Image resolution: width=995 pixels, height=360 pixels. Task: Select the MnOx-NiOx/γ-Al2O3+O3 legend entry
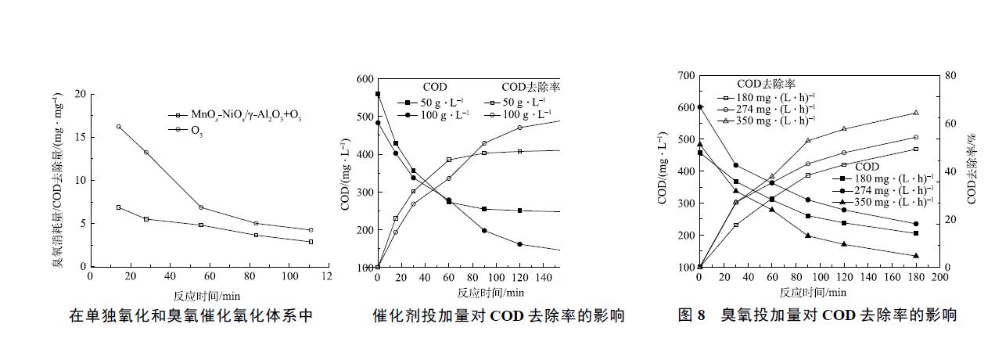click(235, 116)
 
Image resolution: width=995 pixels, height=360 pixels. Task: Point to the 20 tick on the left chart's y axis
click(79, 94)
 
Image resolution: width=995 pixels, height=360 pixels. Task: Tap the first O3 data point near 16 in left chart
click(118, 127)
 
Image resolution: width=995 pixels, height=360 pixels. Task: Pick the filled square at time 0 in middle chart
click(378, 94)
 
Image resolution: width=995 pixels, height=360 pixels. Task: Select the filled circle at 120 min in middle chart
click(519, 244)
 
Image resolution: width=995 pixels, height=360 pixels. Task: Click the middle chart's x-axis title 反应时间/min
click(491, 293)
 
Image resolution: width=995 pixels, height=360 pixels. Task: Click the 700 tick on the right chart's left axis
click(684, 75)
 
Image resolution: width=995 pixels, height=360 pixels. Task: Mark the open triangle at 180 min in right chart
click(916, 113)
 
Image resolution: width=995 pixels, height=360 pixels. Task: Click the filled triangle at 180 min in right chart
click(916, 256)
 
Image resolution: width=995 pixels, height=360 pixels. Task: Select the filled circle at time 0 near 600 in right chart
click(699, 107)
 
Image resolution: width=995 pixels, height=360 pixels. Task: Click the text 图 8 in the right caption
click(691, 316)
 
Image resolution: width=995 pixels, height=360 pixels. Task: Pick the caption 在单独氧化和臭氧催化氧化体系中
click(191, 316)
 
